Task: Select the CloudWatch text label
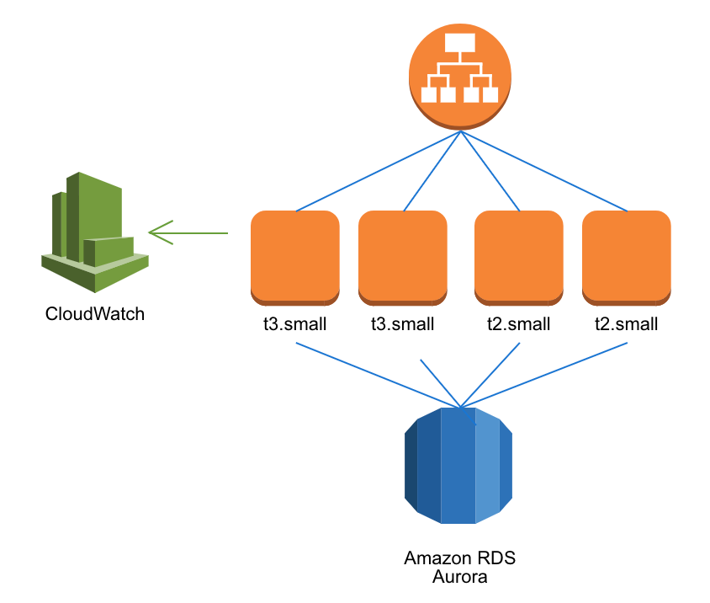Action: (x=95, y=314)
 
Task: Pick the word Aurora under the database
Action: (x=459, y=577)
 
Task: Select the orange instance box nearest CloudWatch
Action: (x=295, y=257)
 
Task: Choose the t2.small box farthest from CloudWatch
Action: (x=627, y=257)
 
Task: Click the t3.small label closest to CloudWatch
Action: (x=295, y=324)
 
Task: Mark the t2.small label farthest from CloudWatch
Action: (x=627, y=324)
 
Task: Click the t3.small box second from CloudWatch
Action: (x=403, y=257)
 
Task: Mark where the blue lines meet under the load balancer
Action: (x=459, y=131)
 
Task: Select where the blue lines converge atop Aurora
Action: (x=459, y=405)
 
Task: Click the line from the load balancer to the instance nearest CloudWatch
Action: (x=379, y=171)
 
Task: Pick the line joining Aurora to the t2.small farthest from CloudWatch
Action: (x=547, y=374)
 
